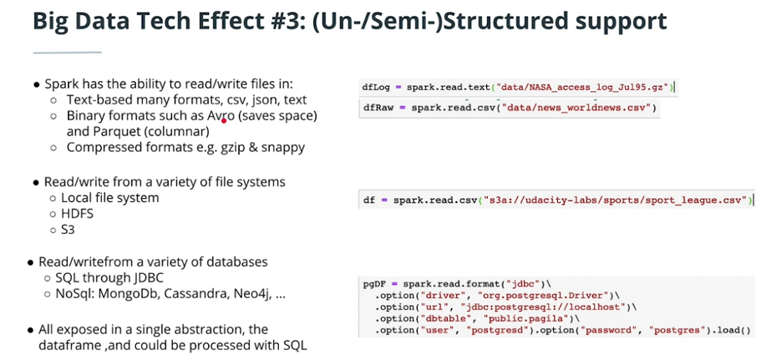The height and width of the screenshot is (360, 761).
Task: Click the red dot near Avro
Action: pyautogui.click(x=224, y=119)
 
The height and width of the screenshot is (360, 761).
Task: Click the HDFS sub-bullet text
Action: pyautogui.click(x=77, y=213)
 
